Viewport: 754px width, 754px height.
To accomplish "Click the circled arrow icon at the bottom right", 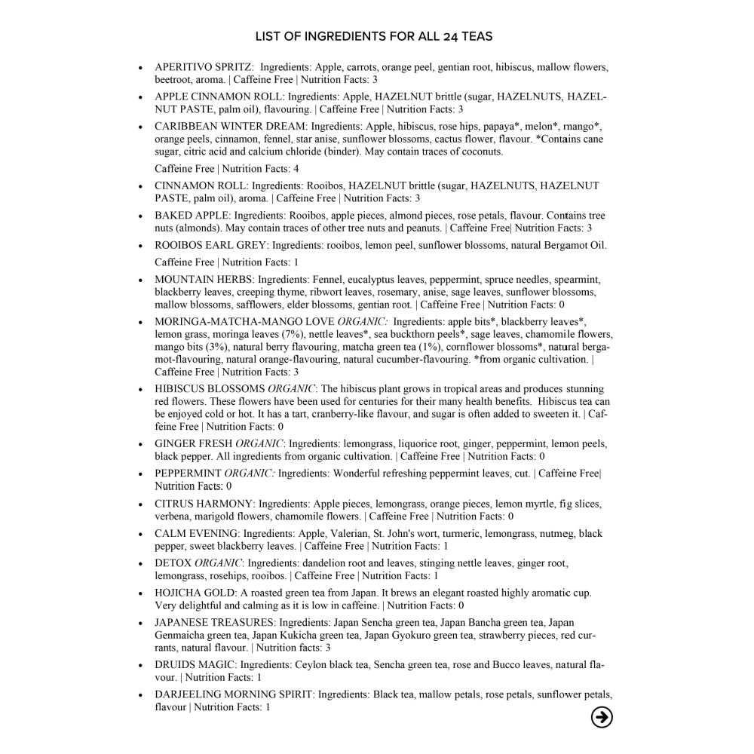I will point(602,717).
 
